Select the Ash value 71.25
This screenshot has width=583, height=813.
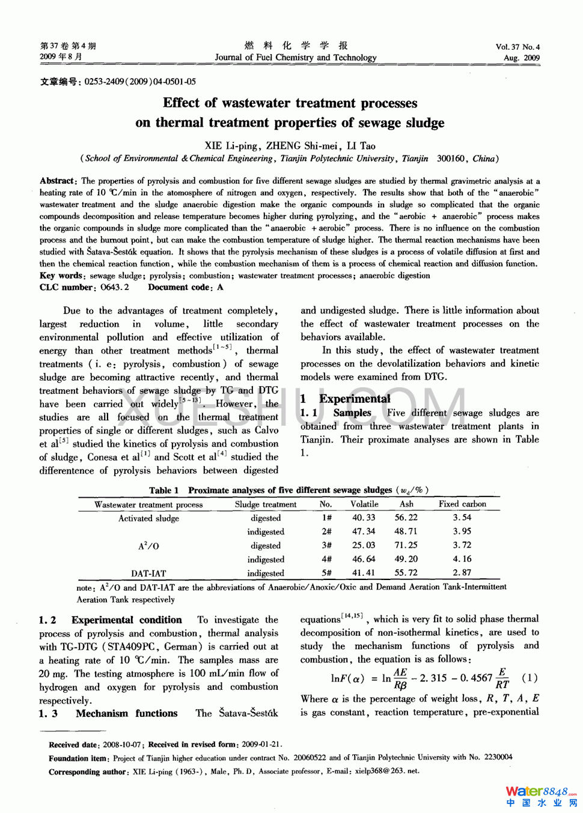point(406,545)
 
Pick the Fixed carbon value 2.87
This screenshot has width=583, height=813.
point(462,573)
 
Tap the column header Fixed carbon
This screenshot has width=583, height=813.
point(462,504)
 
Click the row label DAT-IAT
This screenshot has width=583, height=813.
point(148,573)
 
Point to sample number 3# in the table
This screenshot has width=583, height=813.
point(326,545)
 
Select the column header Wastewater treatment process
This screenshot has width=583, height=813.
point(148,505)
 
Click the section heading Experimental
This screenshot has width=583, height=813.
point(354,399)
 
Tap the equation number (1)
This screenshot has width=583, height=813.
point(530,678)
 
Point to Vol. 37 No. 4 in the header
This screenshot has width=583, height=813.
point(517,47)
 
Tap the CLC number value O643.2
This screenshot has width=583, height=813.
point(115,287)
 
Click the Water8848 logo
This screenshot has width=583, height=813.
point(540,795)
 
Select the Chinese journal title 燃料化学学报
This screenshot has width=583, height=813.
point(296,46)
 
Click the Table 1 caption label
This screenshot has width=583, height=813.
point(163,490)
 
